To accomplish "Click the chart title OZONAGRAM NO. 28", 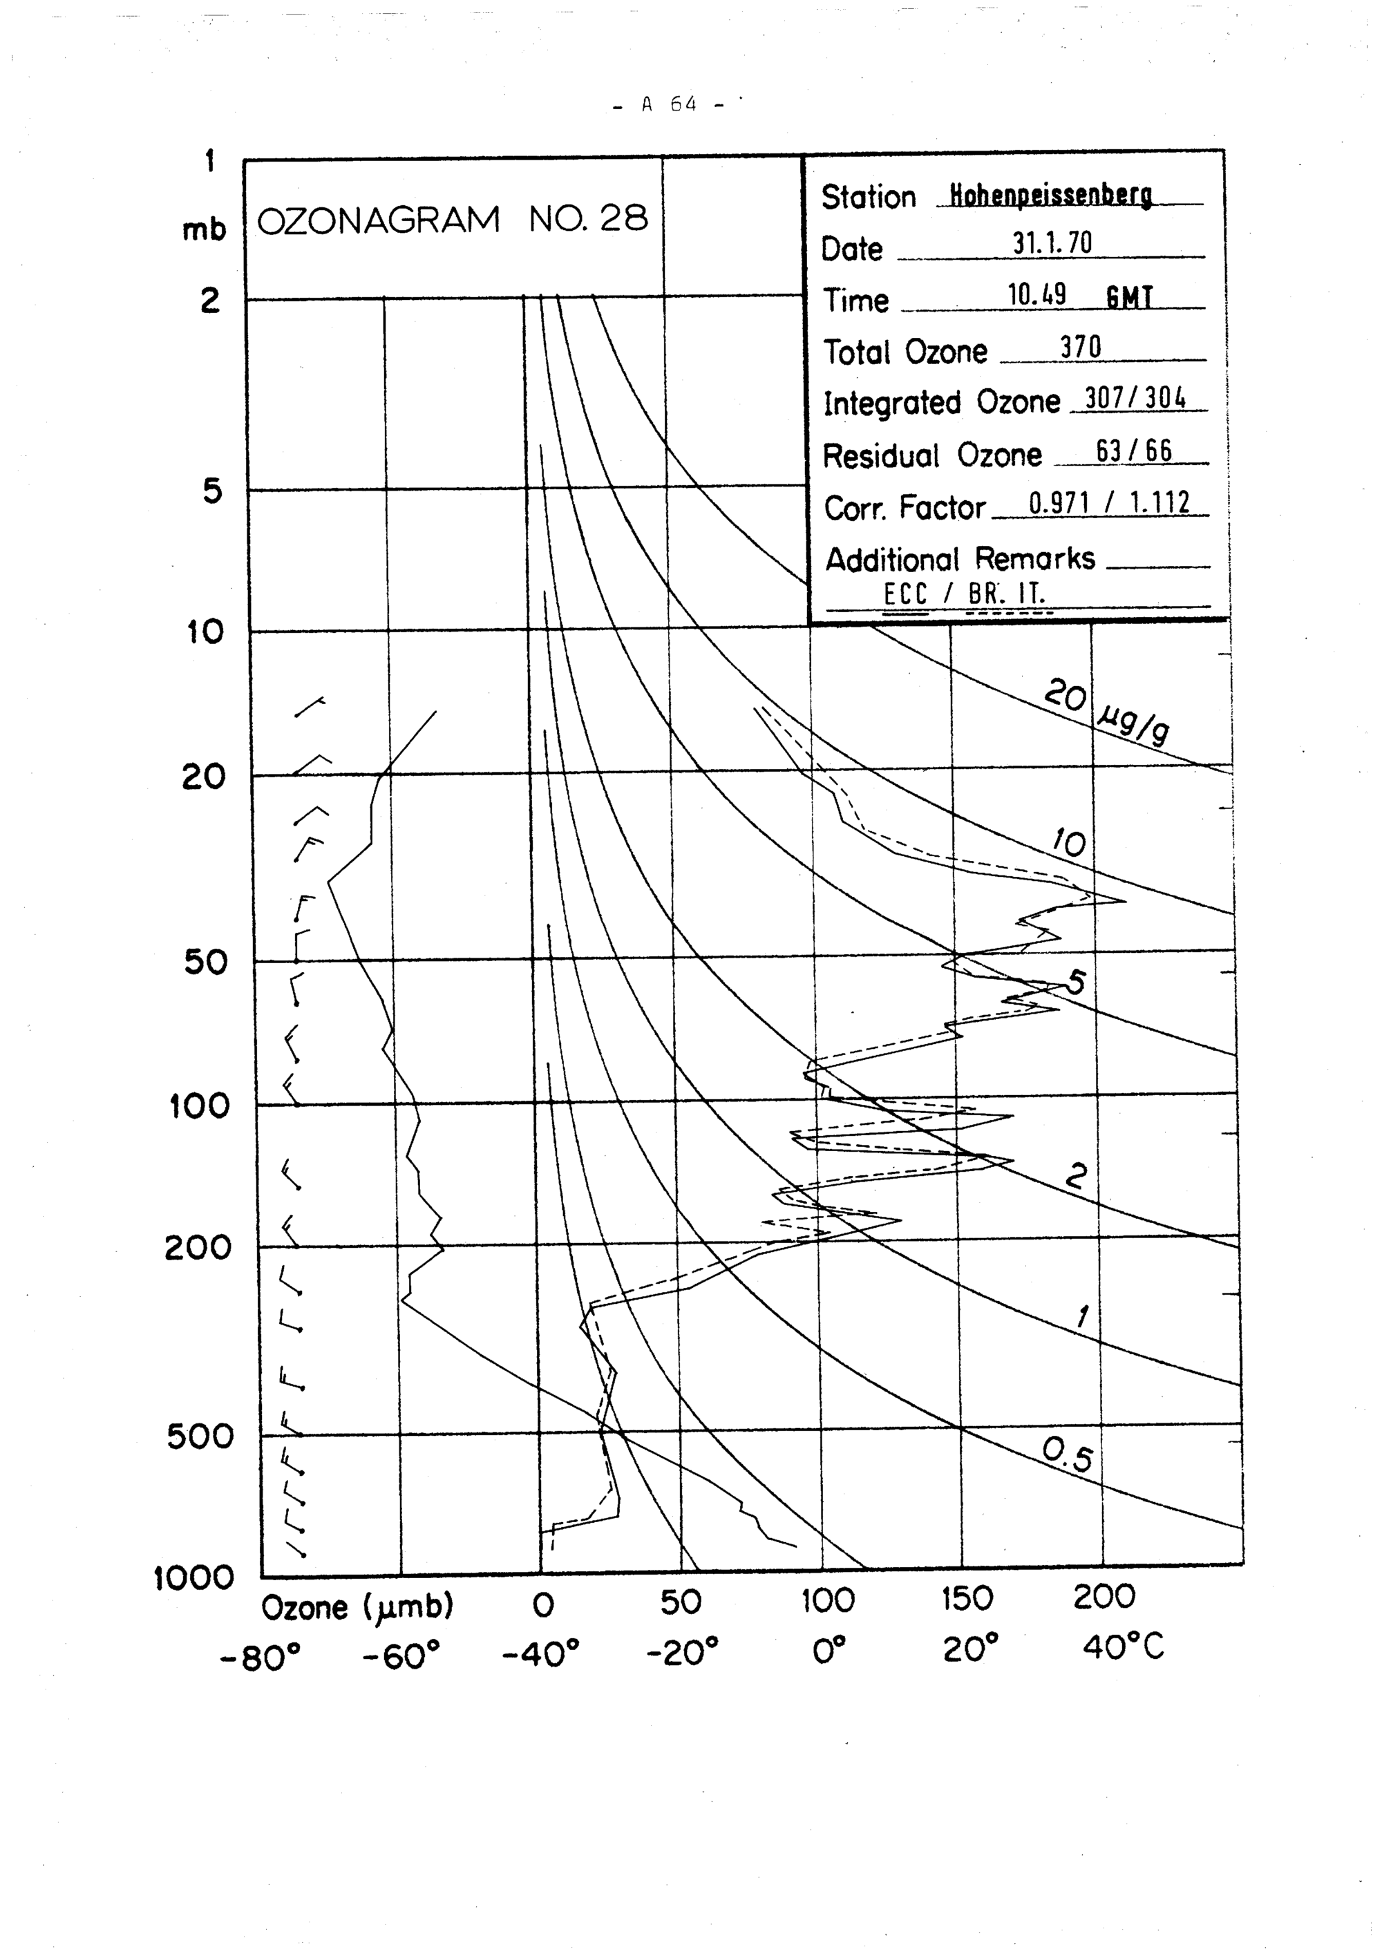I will point(452,220).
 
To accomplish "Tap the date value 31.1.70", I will point(1052,245).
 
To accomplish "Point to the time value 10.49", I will point(1036,295).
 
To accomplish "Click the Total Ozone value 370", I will point(1080,348).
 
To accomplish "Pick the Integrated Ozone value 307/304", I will point(1136,398).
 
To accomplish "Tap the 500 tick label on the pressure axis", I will point(199,1437).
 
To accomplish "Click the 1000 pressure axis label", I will point(193,1579).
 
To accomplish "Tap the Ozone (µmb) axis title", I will point(357,1608).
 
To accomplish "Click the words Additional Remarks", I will point(960,559).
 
